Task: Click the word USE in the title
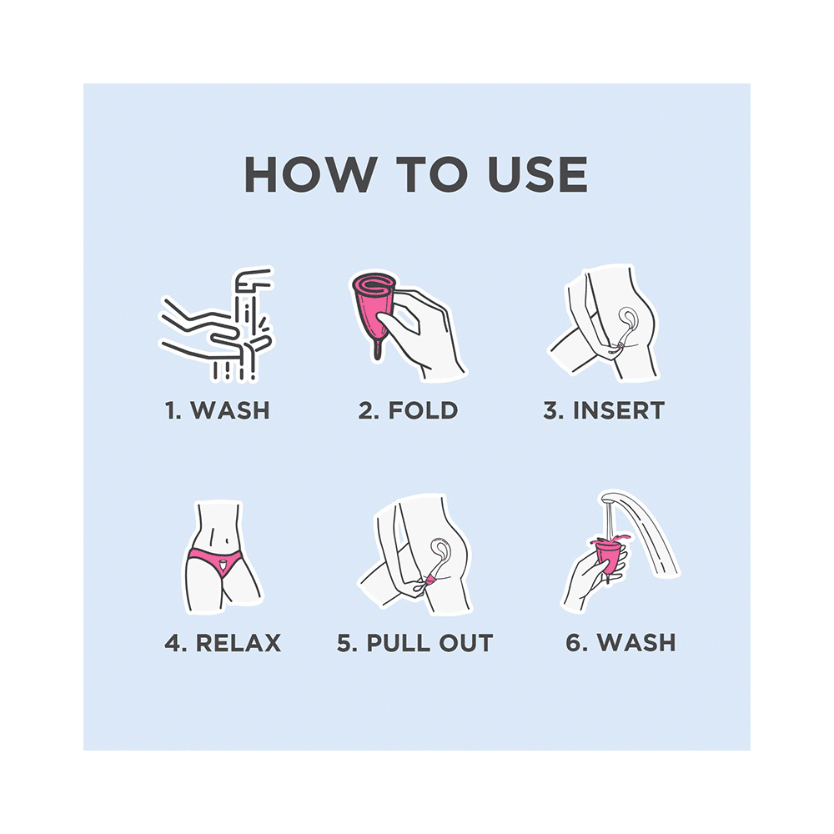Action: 538,174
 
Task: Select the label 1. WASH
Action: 217,410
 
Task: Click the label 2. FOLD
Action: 408,410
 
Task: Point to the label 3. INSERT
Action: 604,410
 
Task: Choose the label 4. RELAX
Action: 223,642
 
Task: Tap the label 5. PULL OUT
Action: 414,642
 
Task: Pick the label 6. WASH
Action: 620,642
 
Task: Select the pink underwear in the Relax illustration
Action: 215,561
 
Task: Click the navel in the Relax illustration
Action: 228,541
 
